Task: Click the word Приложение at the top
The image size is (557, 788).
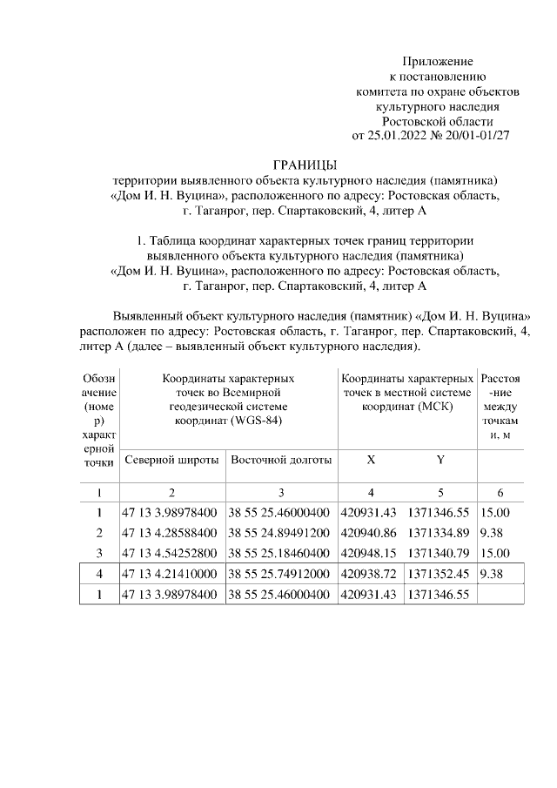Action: pyautogui.click(x=437, y=61)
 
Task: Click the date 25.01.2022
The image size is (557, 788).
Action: pyautogui.click(x=396, y=135)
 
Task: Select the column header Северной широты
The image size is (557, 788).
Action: pyautogui.click(x=171, y=460)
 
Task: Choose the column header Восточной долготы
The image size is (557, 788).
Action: pyautogui.click(x=281, y=460)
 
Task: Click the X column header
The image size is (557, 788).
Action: pyautogui.click(x=371, y=460)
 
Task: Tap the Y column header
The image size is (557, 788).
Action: pyautogui.click(x=440, y=460)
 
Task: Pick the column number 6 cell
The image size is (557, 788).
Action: pyautogui.click(x=500, y=492)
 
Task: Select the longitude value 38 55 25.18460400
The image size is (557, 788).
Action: pyautogui.click(x=280, y=552)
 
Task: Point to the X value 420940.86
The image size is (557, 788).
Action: pyautogui.click(x=368, y=532)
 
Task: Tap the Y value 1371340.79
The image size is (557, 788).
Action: pyautogui.click(x=440, y=552)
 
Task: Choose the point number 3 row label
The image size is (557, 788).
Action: pyautogui.click(x=99, y=552)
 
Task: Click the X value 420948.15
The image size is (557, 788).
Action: pyautogui.click(x=368, y=552)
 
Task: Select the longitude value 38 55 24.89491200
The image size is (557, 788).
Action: pyautogui.click(x=280, y=532)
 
